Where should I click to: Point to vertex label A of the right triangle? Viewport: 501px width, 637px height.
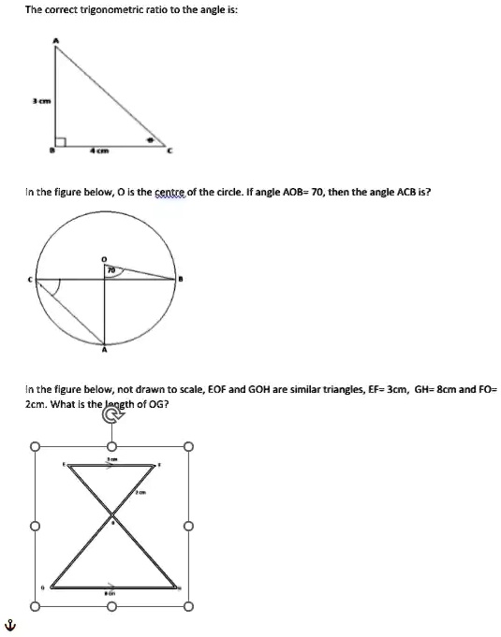point(52,39)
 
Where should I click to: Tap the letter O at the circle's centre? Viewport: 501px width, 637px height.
point(105,255)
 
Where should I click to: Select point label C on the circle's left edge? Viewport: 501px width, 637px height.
point(29,279)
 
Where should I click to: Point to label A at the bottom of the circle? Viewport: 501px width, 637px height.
point(104,353)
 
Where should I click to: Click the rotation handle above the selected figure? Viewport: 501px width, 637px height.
point(110,421)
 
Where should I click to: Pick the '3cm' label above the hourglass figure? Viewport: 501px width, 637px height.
point(111,457)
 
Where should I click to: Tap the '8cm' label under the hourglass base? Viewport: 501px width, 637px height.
point(110,593)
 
